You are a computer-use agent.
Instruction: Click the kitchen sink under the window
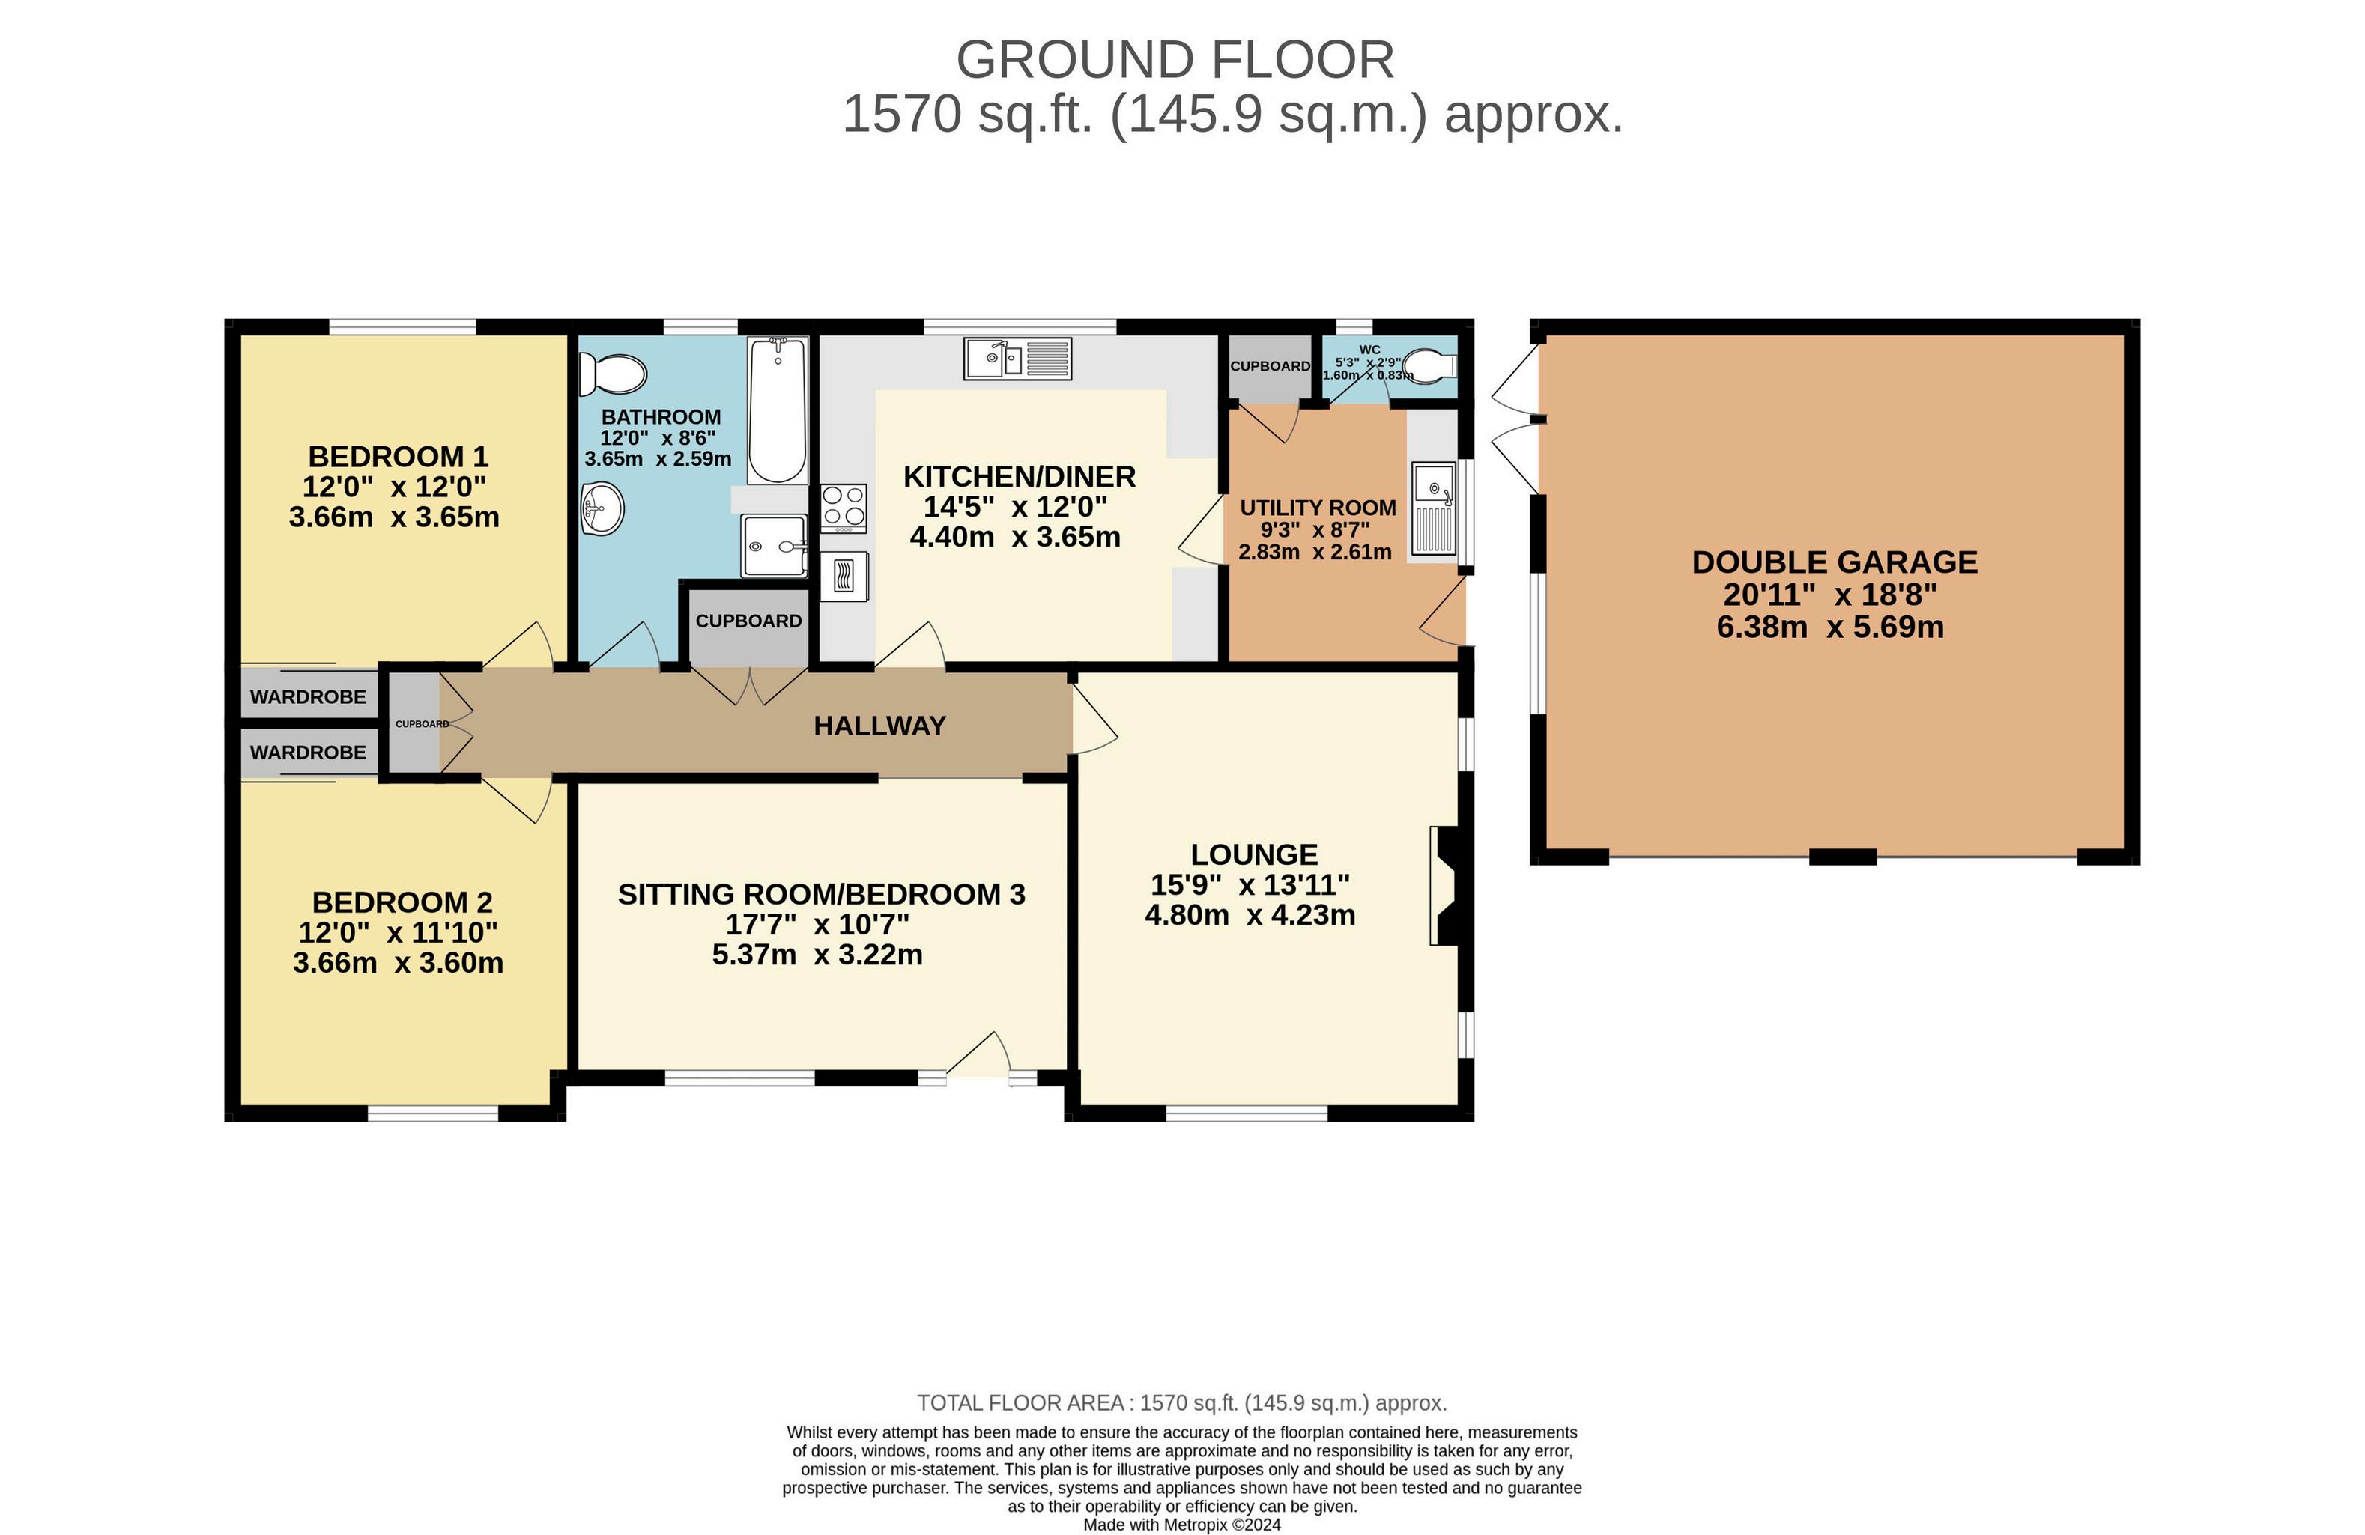coord(1017,359)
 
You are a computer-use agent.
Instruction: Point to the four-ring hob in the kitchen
coord(844,508)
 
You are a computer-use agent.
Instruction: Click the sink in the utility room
coord(1434,508)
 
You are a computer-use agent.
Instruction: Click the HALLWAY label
coord(879,726)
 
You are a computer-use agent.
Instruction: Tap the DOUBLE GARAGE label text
coord(1835,562)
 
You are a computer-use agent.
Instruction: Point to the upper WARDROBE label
coord(308,697)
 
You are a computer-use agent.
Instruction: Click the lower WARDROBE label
coord(308,753)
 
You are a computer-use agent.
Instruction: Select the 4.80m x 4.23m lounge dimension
coord(1250,915)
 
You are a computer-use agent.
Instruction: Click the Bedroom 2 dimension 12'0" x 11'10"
coord(399,933)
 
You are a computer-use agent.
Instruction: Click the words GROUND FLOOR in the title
coord(1175,60)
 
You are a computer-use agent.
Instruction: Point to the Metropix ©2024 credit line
coord(1181,1524)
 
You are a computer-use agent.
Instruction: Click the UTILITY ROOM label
coord(1318,508)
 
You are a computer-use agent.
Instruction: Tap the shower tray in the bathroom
coord(774,545)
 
